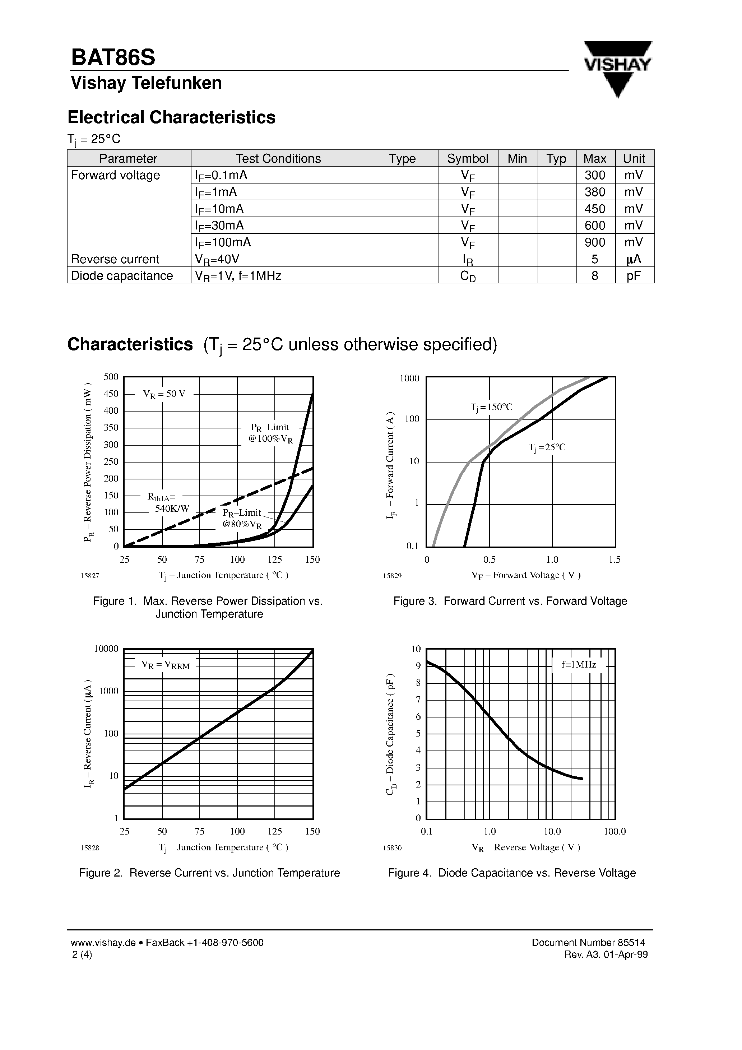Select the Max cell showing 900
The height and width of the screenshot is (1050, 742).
point(595,242)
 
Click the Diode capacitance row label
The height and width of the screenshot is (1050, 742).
point(122,275)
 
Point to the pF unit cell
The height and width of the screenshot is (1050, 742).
point(634,275)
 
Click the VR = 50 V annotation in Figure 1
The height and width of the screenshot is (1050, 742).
point(164,394)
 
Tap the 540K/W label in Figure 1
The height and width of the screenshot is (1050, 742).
point(172,508)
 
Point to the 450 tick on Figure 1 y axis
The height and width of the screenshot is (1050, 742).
point(111,394)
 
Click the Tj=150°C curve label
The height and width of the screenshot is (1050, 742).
point(491,407)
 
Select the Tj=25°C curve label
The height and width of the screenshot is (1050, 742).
point(547,447)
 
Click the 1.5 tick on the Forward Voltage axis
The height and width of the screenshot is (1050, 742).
point(615,560)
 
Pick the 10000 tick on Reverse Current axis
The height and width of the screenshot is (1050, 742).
point(106,649)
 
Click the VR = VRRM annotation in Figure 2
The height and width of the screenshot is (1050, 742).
point(165,665)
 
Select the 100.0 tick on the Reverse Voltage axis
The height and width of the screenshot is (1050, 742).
point(615,831)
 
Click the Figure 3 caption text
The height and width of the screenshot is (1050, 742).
point(510,601)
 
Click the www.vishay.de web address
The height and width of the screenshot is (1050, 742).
point(103,943)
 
